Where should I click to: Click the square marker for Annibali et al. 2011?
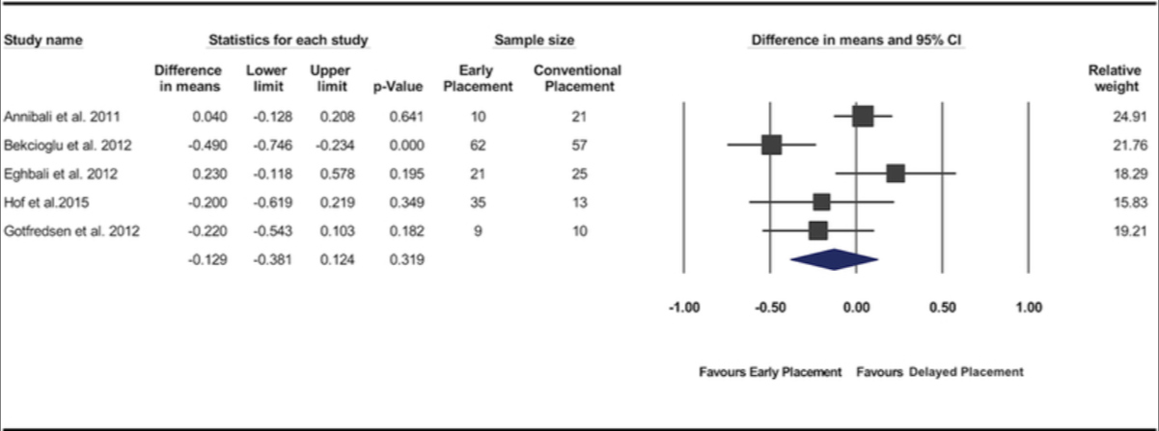(x=863, y=117)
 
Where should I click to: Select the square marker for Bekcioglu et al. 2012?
(x=771, y=145)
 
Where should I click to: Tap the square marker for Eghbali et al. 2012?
(x=896, y=174)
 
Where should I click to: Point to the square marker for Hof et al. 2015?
(x=821, y=202)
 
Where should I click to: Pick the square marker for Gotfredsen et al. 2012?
(x=818, y=230)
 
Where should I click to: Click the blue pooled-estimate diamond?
(x=834, y=259)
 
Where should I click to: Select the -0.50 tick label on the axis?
(x=769, y=309)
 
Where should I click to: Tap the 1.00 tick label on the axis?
(x=1029, y=309)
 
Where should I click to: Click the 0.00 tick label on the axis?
(x=856, y=309)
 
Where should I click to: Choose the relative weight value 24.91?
(x=1125, y=117)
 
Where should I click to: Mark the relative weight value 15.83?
(x=1125, y=202)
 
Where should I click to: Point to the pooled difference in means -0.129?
(x=204, y=259)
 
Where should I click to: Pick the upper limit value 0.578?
(x=331, y=174)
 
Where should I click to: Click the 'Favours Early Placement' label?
(x=770, y=371)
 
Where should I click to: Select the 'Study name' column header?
(x=43, y=40)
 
